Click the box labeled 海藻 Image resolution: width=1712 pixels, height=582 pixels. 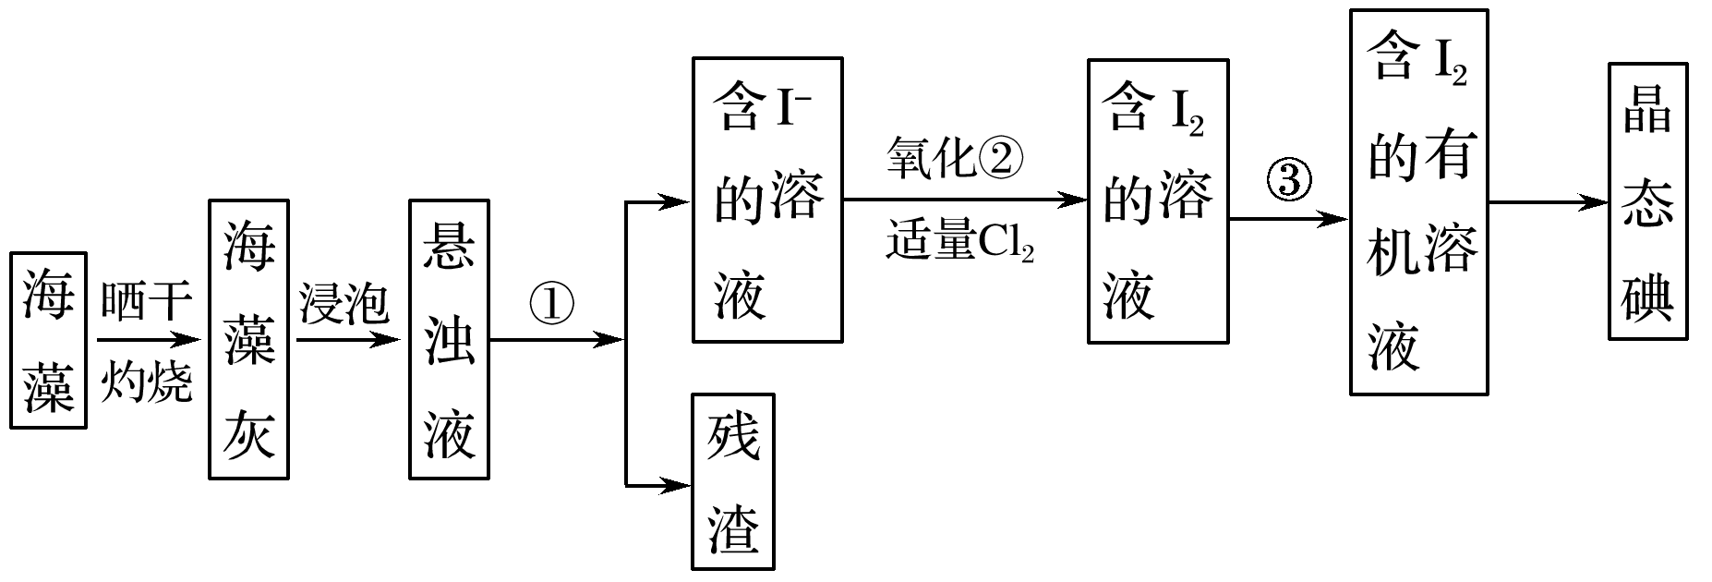click(48, 340)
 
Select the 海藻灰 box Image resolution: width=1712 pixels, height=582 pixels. click(248, 339)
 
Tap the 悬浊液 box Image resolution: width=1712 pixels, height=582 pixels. click(449, 339)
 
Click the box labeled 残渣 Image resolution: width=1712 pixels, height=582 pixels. click(732, 481)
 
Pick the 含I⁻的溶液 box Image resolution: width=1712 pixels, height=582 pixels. click(766, 200)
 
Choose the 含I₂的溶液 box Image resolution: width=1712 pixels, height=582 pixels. click(1157, 201)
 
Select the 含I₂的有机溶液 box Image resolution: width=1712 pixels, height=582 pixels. click(1418, 201)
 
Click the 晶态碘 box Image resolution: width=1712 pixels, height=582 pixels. click(1647, 201)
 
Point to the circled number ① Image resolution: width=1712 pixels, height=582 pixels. click(551, 305)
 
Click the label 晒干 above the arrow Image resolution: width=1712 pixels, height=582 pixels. click(146, 302)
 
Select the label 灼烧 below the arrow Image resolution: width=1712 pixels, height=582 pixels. click(146, 381)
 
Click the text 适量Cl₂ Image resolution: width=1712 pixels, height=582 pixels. click(959, 242)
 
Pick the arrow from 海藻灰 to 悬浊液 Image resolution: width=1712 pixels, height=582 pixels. click(347, 340)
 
